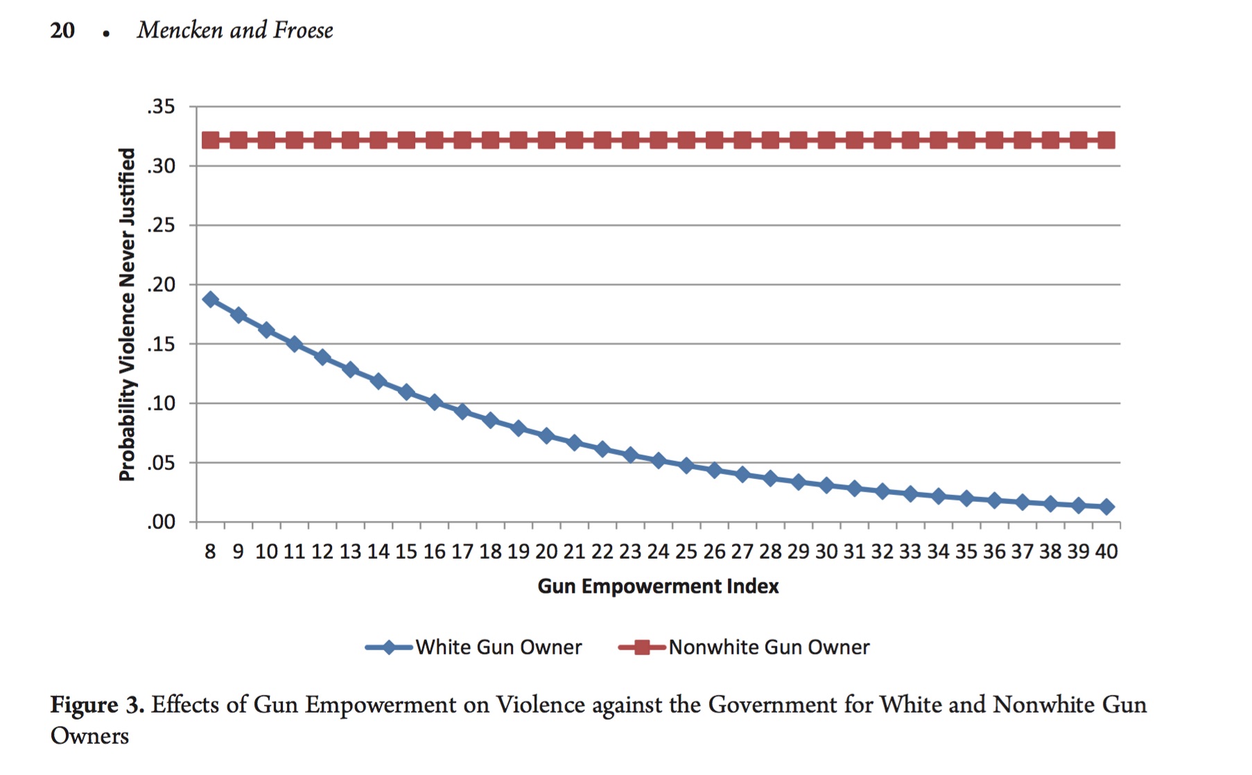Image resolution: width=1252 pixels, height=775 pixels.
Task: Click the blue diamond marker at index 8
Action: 210,299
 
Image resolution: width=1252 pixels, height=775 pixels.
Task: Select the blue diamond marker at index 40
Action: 1106,507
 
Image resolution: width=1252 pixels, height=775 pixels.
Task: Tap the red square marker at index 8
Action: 210,140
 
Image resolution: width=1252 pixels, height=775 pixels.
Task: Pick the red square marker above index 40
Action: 1106,140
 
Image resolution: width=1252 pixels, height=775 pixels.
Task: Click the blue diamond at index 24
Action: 659,460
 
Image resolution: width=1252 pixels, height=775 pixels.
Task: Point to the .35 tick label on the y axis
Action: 161,107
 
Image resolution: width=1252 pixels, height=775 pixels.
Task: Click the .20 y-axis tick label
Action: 161,284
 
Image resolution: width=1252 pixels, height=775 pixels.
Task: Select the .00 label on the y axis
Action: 161,521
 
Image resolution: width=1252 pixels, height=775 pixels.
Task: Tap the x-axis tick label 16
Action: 434,552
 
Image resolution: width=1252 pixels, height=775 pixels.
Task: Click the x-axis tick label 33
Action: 910,552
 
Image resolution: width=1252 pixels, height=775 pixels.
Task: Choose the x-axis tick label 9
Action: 238,552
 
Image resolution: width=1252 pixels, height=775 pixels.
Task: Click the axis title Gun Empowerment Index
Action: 658,586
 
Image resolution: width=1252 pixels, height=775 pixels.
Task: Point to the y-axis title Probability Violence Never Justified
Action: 127,314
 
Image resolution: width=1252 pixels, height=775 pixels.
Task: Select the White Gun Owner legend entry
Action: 498,647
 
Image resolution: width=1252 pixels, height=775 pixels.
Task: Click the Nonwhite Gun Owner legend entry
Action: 768,647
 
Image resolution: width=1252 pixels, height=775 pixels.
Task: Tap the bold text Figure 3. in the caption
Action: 97,705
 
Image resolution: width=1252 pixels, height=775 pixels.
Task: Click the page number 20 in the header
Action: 62,31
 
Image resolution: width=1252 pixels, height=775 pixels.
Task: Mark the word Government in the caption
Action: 772,705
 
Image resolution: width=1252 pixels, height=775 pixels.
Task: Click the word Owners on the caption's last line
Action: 89,736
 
